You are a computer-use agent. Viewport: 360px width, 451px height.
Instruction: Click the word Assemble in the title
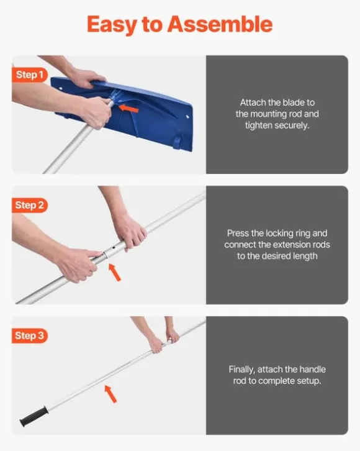point(220,24)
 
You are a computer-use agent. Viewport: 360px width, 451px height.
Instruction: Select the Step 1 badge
point(29,75)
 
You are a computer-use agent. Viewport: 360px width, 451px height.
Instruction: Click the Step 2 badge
point(29,205)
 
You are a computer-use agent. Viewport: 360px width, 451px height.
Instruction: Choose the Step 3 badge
point(29,335)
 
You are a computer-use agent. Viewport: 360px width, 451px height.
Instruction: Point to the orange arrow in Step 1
point(128,109)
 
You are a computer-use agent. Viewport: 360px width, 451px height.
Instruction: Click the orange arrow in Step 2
point(115,272)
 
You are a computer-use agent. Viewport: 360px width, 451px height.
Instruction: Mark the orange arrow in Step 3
point(110,394)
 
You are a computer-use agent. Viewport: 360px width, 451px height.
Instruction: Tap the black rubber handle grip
point(34,416)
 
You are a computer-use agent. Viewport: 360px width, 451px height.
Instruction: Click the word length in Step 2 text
point(304,257)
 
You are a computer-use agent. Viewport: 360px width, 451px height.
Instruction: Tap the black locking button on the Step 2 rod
point(114,247)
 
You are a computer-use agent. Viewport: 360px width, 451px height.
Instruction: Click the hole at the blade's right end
point(187,117)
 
